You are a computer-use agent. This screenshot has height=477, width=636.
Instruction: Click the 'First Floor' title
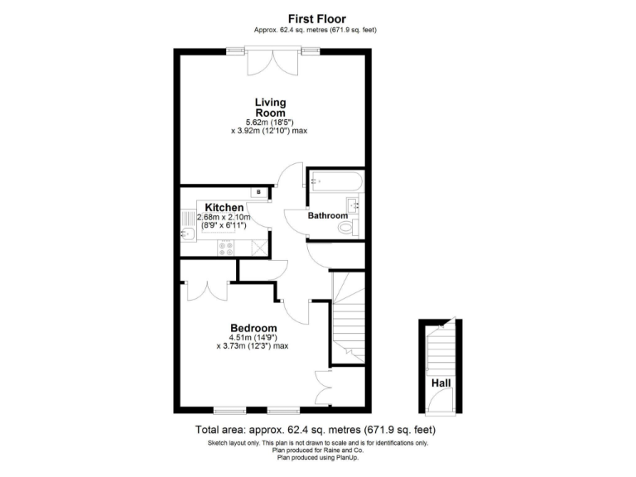[x=317, y=18]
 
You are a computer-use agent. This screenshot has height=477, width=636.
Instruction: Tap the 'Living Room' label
[x=270, y=108]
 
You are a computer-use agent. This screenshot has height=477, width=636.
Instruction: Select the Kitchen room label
[x=224, y=208]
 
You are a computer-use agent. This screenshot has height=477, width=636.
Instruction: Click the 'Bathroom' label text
[x=328, y=216]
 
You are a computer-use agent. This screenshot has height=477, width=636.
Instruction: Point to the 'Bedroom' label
[x=253, y=327]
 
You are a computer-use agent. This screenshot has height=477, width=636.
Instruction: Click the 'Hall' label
[x=441, y=383]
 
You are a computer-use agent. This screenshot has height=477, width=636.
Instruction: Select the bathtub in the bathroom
[x=335, y=180]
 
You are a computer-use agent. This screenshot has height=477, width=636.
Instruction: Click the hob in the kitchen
[x=226, y=246]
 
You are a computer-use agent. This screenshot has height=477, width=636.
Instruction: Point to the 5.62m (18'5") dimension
[x=270, y=123]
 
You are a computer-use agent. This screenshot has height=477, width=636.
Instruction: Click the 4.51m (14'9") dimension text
[x=253, y=337]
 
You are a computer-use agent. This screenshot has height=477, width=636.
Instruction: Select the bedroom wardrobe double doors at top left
[x=208, y=289]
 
